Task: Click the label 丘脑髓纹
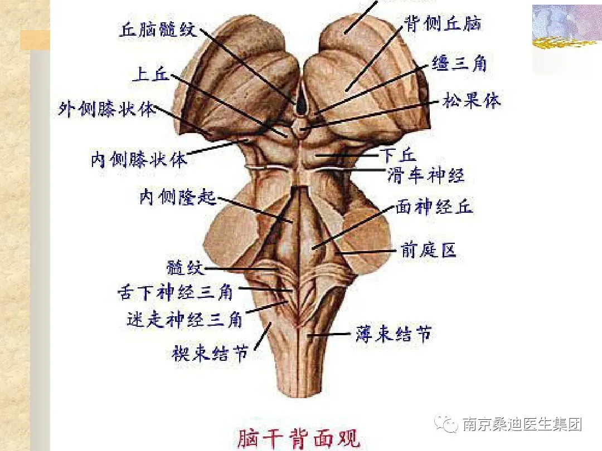tap(158, 28)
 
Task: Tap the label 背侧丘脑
tap(442, 23)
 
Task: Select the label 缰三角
tap(459, 63)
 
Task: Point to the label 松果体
tap(472, 101)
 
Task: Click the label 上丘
tap(150, 74)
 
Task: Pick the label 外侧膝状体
tap(108, 109)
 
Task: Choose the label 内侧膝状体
tap(139, 160)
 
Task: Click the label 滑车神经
tap(425, 175)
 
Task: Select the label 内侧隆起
tap(177, 197)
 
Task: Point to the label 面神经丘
tap(434, 207)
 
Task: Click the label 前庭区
tap(428, 251)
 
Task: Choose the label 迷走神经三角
tap(185, 320)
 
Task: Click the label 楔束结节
tap(210, 353)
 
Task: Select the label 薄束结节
tap(394, 334)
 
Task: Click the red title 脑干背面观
tap(299, 438)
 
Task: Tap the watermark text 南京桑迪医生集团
tap(522, 425)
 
